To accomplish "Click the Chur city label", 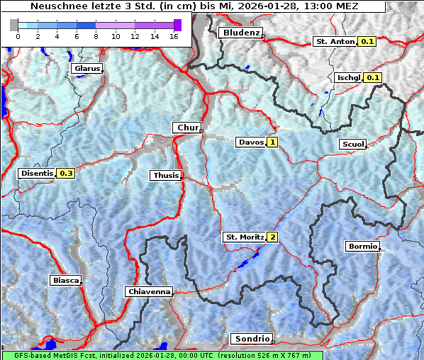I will tap(187, 128).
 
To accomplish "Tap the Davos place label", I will tap(251, 142).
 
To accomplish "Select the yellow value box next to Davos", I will tap(272, 142).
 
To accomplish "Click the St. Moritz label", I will tap(244, 237).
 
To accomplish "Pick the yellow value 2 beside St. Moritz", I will tap(272, 237).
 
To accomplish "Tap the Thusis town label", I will tap(165, 175).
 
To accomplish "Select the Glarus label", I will tap(87, 69).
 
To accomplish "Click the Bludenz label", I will tap(240, 33).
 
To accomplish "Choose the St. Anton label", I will tap(334, 42).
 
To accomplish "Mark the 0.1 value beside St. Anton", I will tap(367, 42).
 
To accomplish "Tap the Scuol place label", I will tap(352, 144).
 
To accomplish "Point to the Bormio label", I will tap(362, 247).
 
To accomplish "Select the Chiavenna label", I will tap(149, 291).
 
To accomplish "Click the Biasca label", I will tap(65, 280).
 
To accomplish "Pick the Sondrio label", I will tap(252, 339).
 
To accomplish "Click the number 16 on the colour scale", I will tap(174, 35).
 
